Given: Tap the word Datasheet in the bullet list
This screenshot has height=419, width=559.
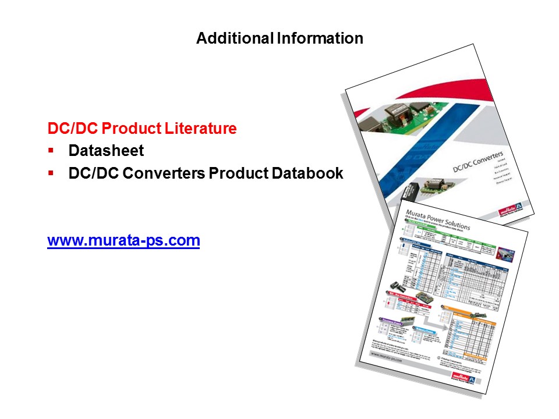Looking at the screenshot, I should tap(106, 151).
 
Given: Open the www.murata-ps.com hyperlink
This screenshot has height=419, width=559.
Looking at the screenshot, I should tap(123, 240).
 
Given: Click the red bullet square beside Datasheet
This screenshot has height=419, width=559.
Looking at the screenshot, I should tap(51, 150).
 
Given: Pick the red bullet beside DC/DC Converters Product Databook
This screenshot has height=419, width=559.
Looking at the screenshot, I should tap(51, 173).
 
